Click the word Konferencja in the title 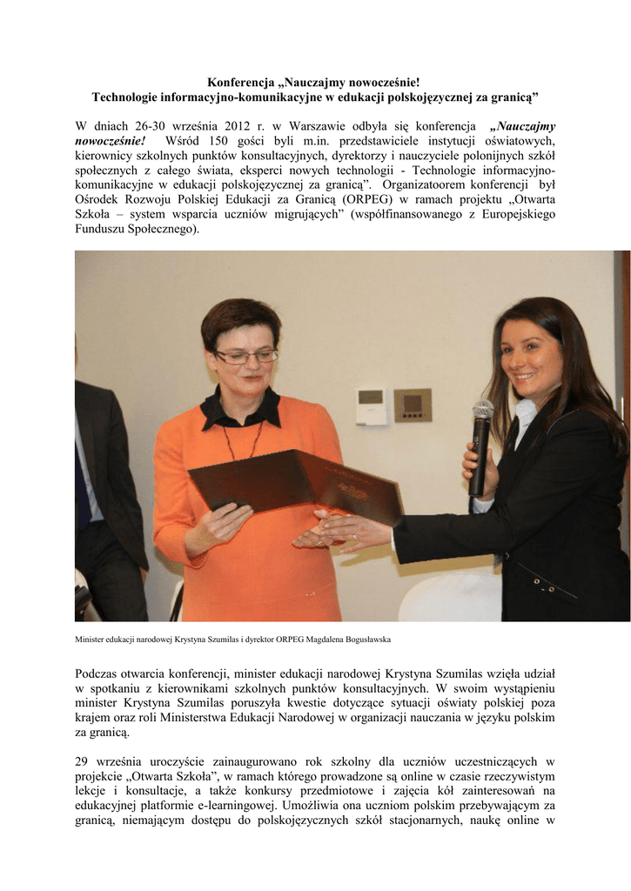tap(240, 81)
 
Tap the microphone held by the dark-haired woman tap(480, 444)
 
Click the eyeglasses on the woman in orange tap(245, 356)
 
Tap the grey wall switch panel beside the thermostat tap(412, 405)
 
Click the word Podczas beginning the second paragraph tap(101, 673)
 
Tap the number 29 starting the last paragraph tap(83, 762)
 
